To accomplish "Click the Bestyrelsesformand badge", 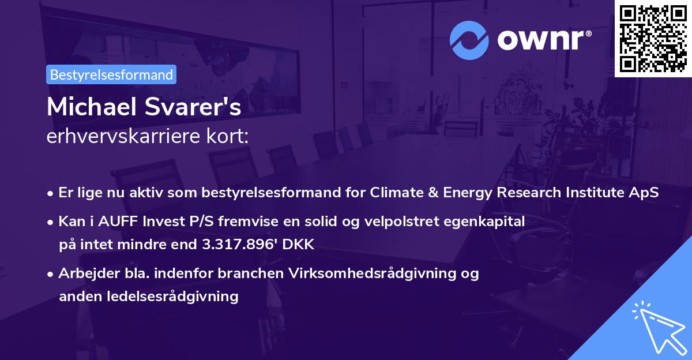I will point(111,74).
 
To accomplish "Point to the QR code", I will point(653,38).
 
